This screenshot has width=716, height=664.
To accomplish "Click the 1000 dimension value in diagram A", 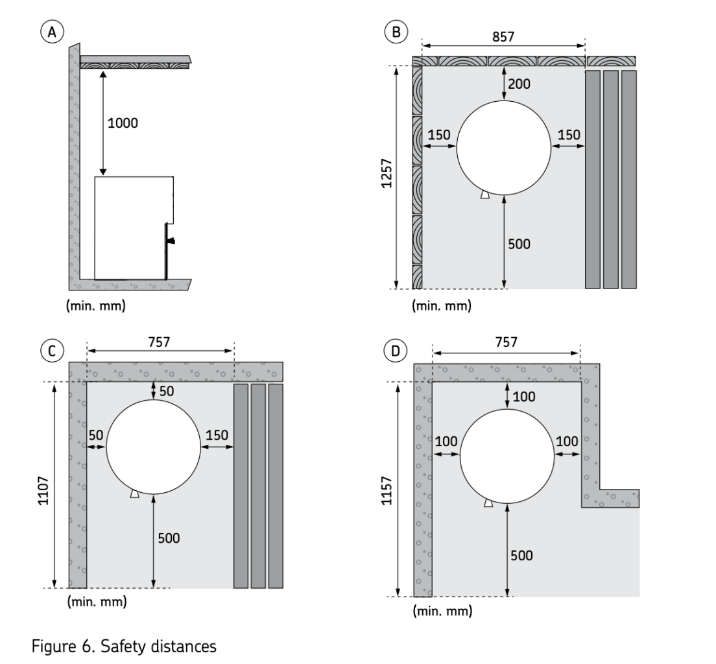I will click(123, 123).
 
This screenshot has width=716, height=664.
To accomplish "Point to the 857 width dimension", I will click(503, 36).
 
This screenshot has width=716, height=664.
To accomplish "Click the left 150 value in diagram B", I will click(439, 135).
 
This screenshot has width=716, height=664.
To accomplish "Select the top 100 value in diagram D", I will click(525, 396).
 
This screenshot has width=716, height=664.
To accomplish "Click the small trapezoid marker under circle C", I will click(134, 493).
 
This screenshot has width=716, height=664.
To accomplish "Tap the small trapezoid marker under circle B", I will click(485, 194).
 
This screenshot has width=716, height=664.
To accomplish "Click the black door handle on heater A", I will click(172, 241).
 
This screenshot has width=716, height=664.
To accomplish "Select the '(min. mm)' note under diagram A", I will click(97, 305).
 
